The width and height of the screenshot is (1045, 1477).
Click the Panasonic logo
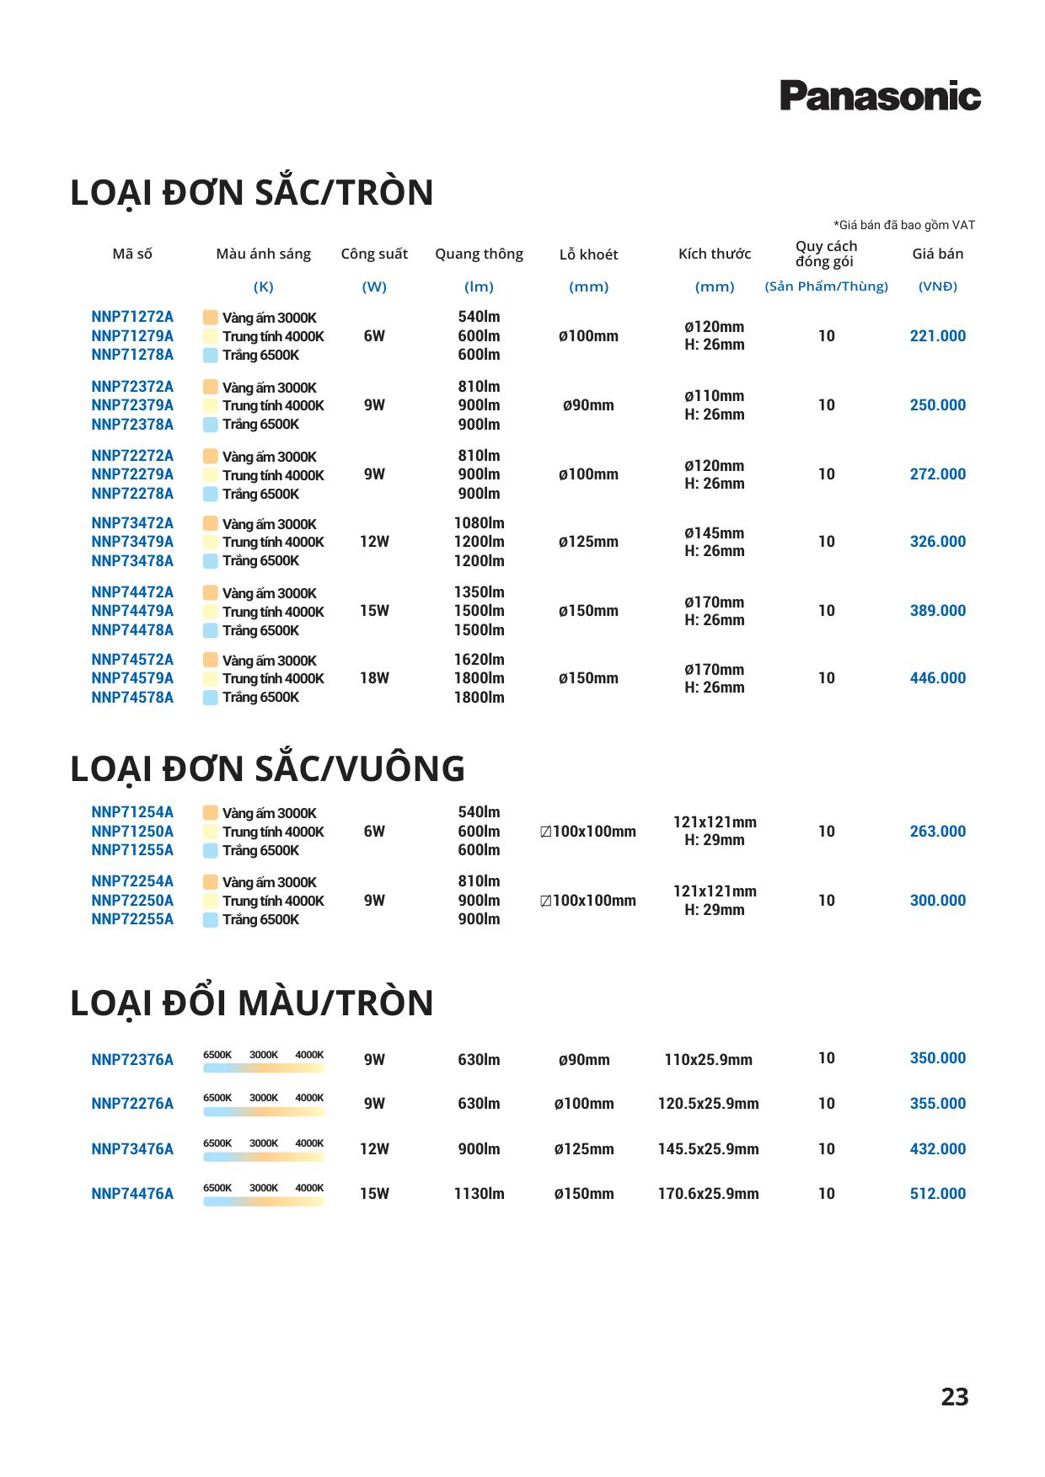(880, 96)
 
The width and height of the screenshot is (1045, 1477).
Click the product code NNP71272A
(132, 317)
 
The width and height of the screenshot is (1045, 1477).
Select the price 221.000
(937, 336)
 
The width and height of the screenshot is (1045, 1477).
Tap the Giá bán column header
(937, 254)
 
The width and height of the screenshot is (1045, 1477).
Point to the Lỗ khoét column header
(588, 254)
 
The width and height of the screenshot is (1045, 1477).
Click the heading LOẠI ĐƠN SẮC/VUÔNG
(267, 768)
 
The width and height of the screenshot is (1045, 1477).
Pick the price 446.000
(937, 678)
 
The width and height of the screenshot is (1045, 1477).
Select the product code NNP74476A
(132, 1194)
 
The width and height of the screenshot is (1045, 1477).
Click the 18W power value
(374, 678)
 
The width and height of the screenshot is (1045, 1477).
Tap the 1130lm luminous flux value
(479, 1194)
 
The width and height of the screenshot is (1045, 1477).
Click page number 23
(954, 1397)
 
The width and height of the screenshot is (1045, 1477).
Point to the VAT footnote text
(903, 225)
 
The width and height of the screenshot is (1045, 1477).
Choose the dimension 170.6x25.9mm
(708, 1194)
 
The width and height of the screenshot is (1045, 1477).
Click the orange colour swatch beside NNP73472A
(210, 523)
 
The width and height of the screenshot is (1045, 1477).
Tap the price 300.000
(937, 901)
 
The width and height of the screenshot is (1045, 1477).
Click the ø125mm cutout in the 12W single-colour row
(588, 542)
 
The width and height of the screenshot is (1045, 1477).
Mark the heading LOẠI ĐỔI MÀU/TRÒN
(251, 1003)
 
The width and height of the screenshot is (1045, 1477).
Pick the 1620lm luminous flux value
(479, 660)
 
